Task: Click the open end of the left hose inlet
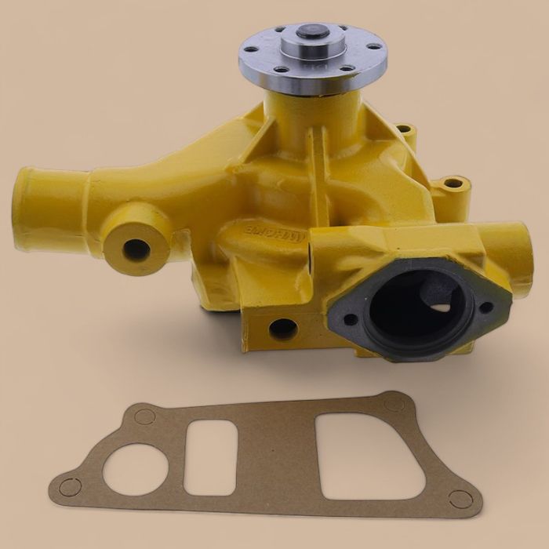click(24, 209)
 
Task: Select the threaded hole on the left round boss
click(136, 250)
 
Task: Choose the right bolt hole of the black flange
click(486, 307)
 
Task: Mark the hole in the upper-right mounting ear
click(454, 184)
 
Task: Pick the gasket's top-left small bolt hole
click(144, 416)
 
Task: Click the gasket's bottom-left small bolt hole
click(70, 487)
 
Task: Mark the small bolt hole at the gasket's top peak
click(393, 403)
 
